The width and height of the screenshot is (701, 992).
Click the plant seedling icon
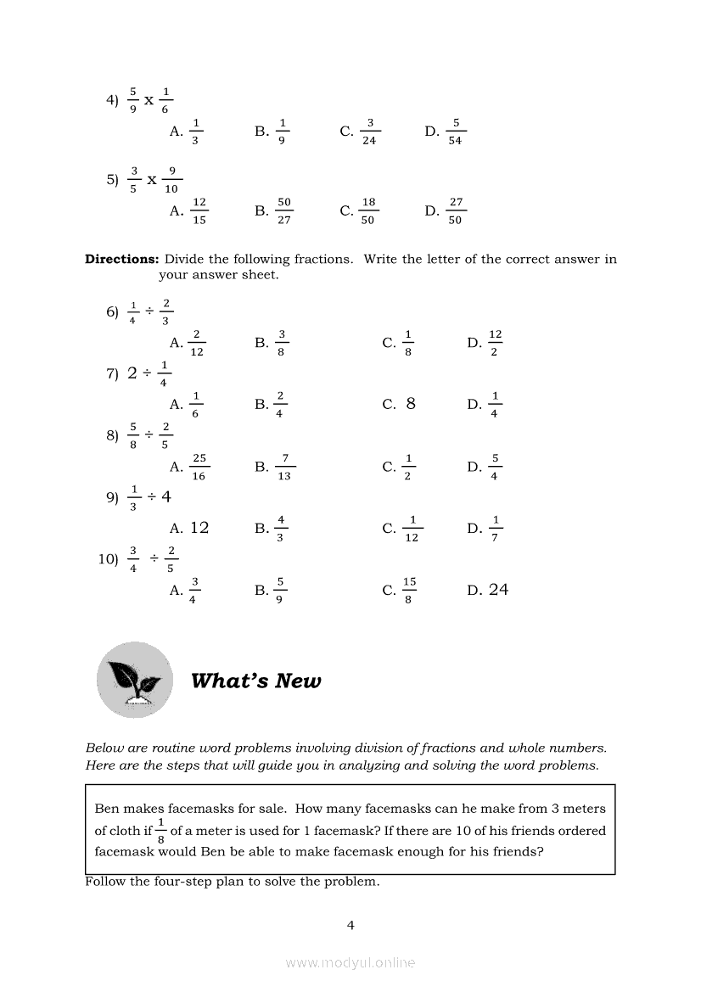pyautogui.click(x=134, y=680)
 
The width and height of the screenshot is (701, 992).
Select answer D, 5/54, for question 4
pyautogui.click(x=447, y=132)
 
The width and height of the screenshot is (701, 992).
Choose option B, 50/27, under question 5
pyautogui.click(x=275, y=211)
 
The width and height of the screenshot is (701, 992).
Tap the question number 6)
pyautogui.click(x=112, y=312)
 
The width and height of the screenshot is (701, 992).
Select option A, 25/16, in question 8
pyautogui.click(x=191, y=467)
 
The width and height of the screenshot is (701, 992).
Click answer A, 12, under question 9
pyautogui.click(x=189, y=528)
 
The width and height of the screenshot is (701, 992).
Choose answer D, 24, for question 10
pyautogui.click(x=488, y=590)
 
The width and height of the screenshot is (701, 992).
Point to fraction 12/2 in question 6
pyautogui.click(x=495, y=343)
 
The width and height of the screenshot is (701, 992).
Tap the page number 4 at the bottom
pyautogui.click(x=350, y=925)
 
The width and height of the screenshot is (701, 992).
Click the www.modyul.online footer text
pyautogui.click(x=350, y=962)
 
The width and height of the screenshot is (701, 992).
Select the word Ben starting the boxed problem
pyautogui.click(x=107, y=809)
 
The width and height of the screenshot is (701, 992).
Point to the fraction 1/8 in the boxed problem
pyautogui.click(x=160, y=831)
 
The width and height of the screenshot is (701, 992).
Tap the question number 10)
pyautogui.click(x=108, y=558)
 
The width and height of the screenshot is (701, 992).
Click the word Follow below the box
pyautogui.click(x=106, y=882)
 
